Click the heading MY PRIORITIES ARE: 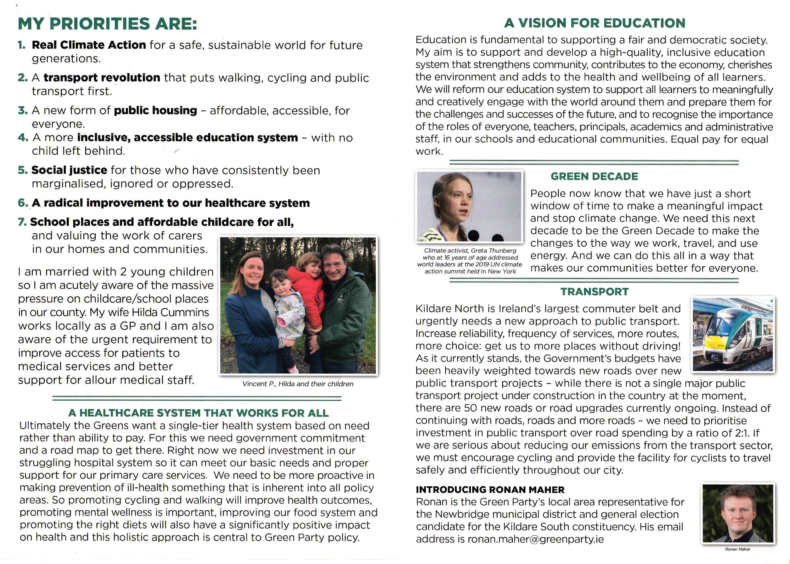[x=107, y=24]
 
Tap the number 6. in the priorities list [x=23, y=203]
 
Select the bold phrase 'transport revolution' [x=102, y=78]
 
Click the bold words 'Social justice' [x=69, y=170]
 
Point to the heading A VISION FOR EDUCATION [x=595, y=23]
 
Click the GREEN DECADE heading [x=594, y=176]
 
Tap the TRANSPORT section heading [x=595, y=292]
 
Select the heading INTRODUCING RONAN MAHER [x=490, y=490]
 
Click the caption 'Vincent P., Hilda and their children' [x=298, y=384]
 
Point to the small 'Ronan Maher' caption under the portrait [x=738, y=549]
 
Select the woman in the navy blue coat [x=248, y=313]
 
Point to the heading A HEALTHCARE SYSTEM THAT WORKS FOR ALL [x=198, y=413]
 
